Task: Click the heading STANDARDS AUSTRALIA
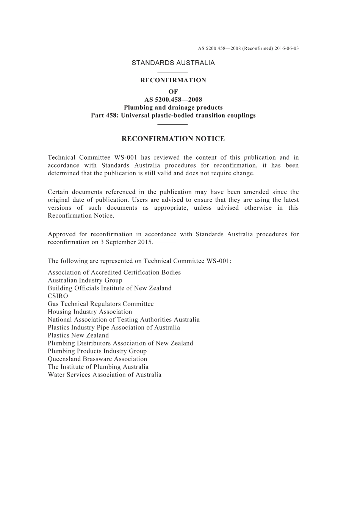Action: click(173, 63)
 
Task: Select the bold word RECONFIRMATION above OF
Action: click(173, 80)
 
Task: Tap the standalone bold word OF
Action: click(173, 92)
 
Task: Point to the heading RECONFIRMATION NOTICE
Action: click(173, 139)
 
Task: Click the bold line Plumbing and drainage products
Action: click(173, 108)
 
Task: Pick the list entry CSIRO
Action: click(58, 296)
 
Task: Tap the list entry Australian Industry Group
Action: click(85, 280)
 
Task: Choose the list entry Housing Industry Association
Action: click(90, 312)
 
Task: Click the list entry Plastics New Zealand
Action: click(78, 335)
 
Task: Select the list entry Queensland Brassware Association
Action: click(97, 359)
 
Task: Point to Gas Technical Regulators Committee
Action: click(101, 304)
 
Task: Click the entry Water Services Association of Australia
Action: click(105, 375)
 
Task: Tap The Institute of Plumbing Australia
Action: click(98, 367)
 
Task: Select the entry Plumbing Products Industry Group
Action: click(97, 351)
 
